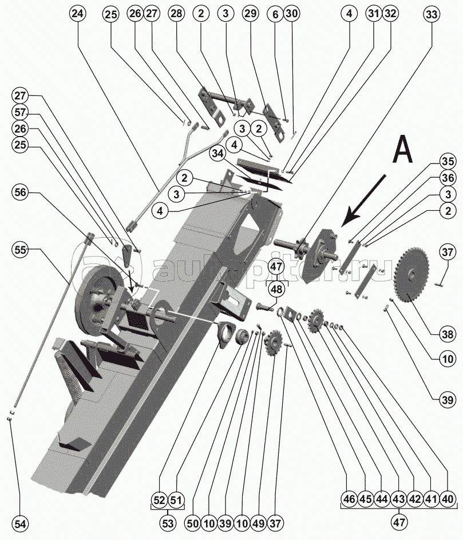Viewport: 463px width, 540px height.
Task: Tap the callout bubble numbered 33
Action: tap(433, 14)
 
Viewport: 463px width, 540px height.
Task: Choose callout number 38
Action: tap(448, 334)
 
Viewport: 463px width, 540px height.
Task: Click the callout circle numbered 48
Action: tap(277, 290)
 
